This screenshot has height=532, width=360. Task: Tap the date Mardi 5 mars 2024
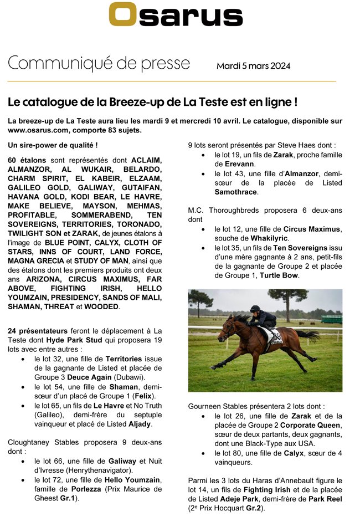253,66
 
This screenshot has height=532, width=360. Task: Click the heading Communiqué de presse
99,63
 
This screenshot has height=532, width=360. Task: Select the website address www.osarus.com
39,130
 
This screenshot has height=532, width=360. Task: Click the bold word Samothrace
235,192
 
